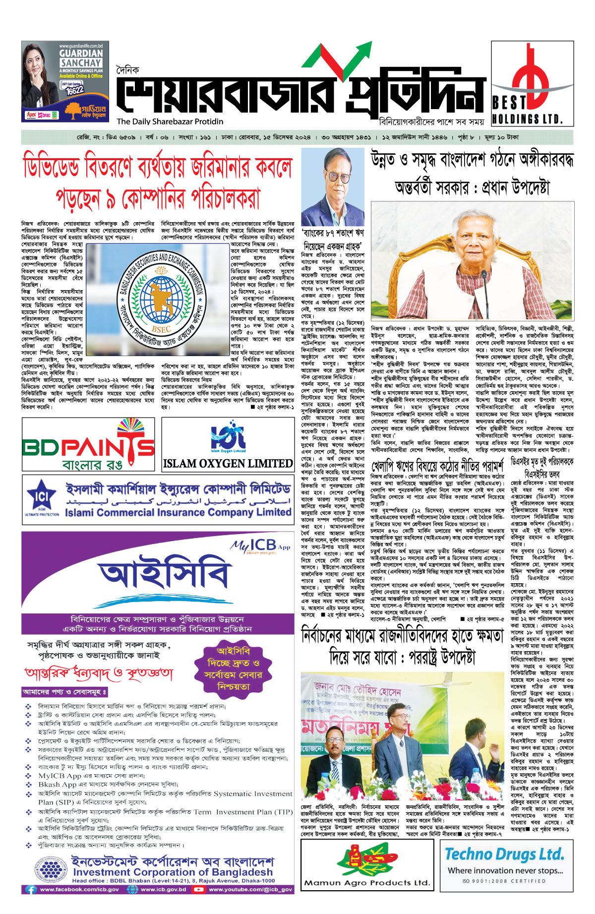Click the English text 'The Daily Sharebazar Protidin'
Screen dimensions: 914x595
pyautogui.click(x=170, y=122)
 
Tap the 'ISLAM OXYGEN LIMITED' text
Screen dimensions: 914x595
pyautogui.click(x=228, y=463)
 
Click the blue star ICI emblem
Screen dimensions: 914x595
pyautogui.click(x=42, y=496)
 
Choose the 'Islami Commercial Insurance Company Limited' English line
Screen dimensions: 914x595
pyautogui.click(x=178, y=512)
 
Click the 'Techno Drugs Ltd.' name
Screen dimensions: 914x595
pyautogui.click(x=504, y=853)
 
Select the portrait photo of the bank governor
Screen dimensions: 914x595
pyautogui.click(x=333, y=186)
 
